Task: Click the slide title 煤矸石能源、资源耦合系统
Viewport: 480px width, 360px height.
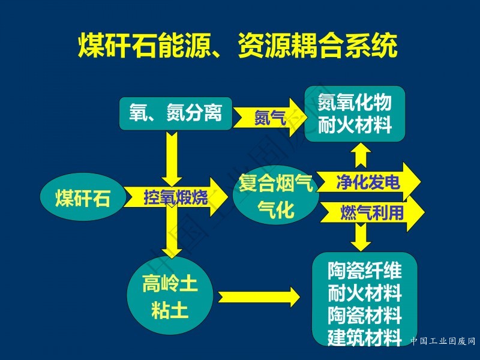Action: point(238,46)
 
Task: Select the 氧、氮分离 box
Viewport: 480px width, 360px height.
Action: point(175,113)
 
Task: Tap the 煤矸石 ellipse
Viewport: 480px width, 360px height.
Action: point(83,197)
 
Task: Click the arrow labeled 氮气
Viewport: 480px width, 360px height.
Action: point(269,118)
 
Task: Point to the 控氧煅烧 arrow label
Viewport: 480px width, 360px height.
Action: point(176,197)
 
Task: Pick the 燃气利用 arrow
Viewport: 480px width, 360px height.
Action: point(372,213)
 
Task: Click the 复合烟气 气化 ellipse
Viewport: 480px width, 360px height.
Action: point(275,195)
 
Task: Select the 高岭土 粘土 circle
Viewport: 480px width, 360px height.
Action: point(170,295)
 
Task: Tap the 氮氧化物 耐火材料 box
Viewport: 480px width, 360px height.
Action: point(355,114)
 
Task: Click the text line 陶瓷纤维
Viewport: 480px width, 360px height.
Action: point(365,271)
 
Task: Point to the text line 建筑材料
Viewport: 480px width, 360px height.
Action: point(365,337)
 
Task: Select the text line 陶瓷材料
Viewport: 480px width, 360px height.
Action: point(365,316)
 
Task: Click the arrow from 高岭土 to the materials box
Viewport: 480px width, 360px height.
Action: point(259,297)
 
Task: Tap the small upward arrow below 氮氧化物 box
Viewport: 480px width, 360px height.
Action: point(361,155)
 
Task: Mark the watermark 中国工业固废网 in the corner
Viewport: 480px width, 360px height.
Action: point(443,341)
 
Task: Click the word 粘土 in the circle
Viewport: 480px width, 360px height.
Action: point(170,310)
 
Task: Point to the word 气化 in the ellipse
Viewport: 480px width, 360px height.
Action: point(276,209)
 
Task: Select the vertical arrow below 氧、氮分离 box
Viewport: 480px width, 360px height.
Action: point(172,159)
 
